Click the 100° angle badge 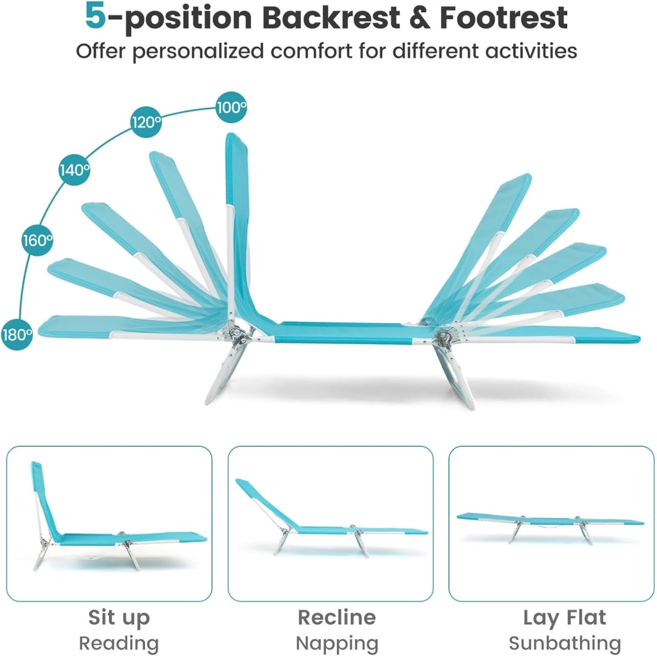231,107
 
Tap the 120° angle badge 146,122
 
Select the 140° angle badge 74,170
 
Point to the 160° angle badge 37,240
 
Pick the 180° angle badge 17,334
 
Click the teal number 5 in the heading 96,16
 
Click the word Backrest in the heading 330,17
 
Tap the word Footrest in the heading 504,17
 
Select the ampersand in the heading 420,17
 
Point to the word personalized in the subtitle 199,51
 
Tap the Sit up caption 119,618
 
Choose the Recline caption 337,617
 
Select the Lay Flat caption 565,618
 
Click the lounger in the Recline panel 331,519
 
